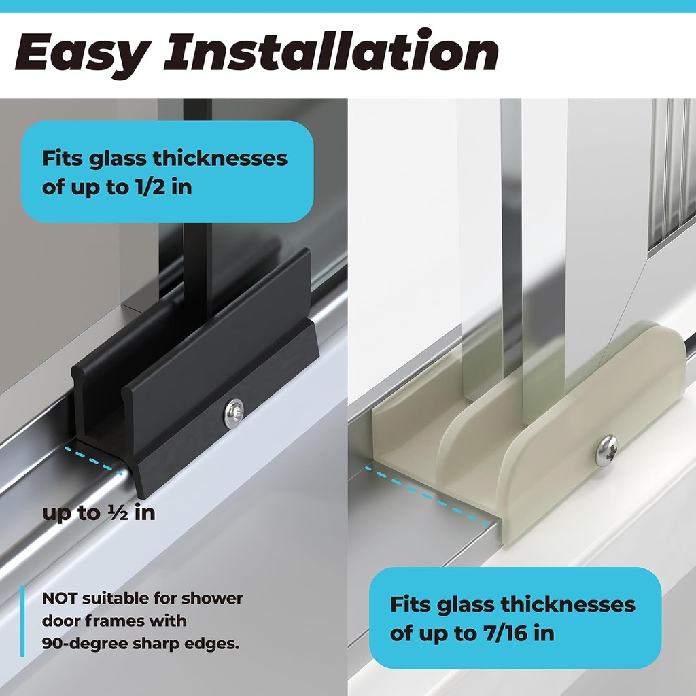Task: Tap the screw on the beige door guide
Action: (606, 451)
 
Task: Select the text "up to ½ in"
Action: (99, 512)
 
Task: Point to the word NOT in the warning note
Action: (60, 599)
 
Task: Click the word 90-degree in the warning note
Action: (83, 643)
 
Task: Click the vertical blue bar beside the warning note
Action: (22, 621)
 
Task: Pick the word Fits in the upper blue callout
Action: (57, 158)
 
